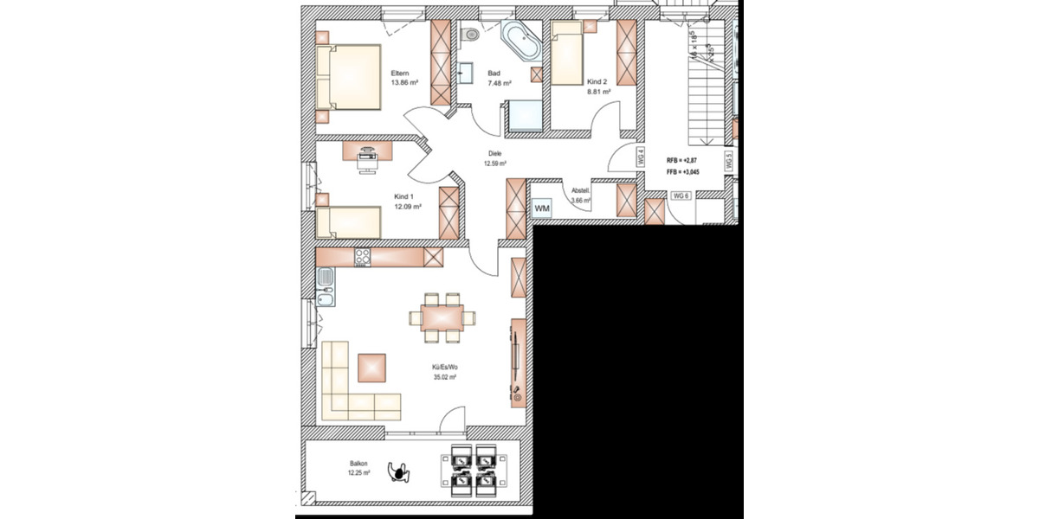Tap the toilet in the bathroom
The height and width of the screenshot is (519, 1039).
[x=471, y=35]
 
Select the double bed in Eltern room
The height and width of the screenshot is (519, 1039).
[x=349, y=77]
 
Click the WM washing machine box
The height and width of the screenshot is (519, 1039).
[x=542, y=209]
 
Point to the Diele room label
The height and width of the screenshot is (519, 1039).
[x=494, y=154]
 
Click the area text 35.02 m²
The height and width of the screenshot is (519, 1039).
[x=445, y=377]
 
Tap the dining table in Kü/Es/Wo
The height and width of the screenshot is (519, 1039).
[x=442, y=317]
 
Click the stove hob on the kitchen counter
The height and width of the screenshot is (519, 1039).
[x=363, y=257]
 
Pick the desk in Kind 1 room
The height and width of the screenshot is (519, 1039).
[x=368, y=151]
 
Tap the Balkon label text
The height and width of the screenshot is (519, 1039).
[x=358, y=464]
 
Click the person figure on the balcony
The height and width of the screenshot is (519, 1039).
[x=399, y=471]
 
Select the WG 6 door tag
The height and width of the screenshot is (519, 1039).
[x=681, y=195]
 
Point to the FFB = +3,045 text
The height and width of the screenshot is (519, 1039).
[x=683, y=172]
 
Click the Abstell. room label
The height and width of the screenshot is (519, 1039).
[x=580, y=191]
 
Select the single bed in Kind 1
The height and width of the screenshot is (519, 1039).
[x=349, y=222]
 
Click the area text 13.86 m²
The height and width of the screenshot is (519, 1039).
[x=405, y=83]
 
